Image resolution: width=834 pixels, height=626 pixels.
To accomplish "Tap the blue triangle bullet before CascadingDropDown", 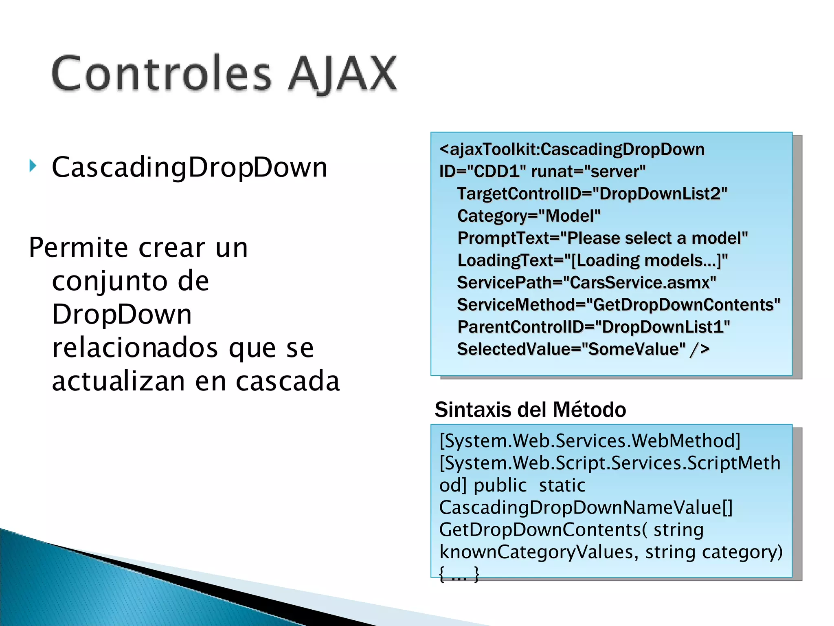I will [x=33, y=166].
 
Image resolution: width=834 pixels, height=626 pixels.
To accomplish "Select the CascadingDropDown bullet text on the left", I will [x=189, y=168].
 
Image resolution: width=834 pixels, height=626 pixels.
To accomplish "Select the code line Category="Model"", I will [x=529, y=216].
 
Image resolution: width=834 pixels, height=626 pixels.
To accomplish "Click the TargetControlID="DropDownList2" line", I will [x=592, y=194].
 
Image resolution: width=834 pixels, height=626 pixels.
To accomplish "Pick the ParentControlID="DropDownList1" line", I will [x=593, y=327].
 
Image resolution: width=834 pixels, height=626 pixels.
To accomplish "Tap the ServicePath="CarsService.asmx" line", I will [x=586, y=282].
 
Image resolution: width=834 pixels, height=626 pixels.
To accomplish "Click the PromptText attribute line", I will [x=602, y=238].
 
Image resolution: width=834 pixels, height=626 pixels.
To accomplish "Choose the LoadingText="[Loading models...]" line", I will [x=592, y=260].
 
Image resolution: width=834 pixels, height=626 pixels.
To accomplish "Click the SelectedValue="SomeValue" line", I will [x=583, y=349].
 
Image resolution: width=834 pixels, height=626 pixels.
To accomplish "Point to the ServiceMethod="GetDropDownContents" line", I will [x=618, y=305].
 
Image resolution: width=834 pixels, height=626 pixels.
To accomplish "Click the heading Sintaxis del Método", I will [x=530, y=410].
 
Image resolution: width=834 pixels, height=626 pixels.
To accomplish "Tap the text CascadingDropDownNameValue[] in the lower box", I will [x=586, y=508].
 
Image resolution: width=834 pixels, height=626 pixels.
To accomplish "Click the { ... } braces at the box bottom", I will [x=459, y=574].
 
